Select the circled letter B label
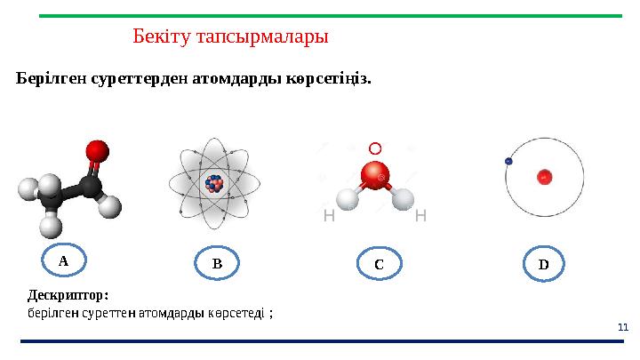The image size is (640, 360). tap(216, 263)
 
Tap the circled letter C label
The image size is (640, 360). tap(378, 264)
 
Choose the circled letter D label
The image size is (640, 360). tap(543, 264)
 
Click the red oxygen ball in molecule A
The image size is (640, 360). tap(97, 149)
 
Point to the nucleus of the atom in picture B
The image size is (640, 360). tap(213, 184)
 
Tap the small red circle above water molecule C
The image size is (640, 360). tap(374, 148)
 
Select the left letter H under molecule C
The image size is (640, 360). tap(329, 216)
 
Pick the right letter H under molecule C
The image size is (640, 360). tap(421, 216)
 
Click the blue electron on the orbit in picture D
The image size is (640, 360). tap(508, 161)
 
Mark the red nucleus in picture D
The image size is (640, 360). tap(543, 178)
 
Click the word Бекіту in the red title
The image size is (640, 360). tap(161, 37)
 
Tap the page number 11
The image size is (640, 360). tap(622, 328)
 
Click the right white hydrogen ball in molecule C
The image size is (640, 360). tap(403, 198)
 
